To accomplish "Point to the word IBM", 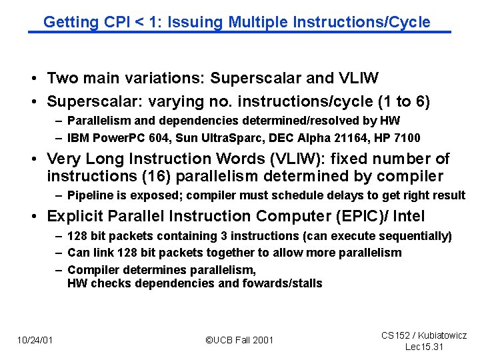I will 78,138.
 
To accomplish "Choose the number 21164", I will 348,138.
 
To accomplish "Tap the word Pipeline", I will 89,195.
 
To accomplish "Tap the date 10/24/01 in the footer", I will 35,340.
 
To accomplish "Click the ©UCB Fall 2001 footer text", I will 239,340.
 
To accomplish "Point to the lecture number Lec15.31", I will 425,347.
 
